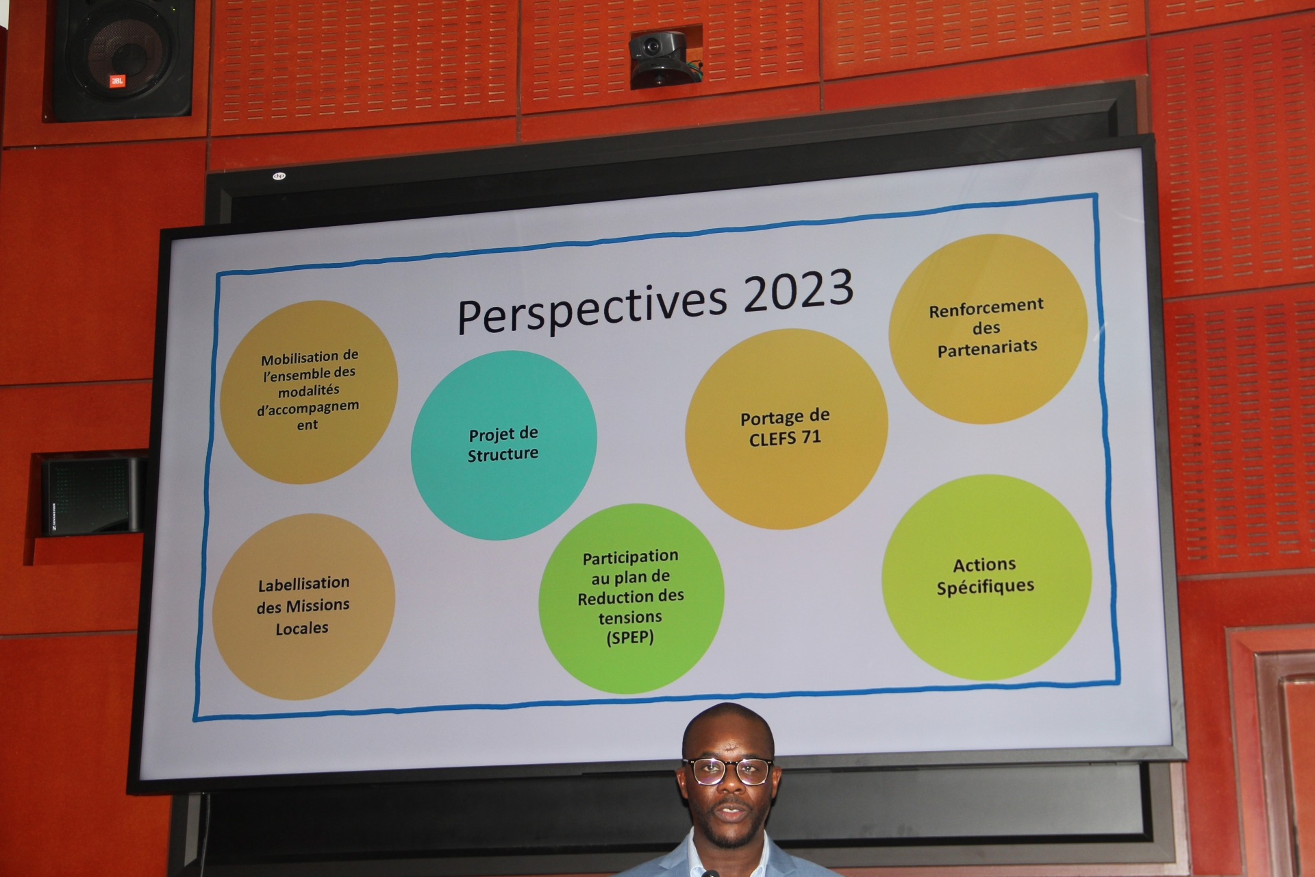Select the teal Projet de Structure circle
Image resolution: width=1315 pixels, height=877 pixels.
point(503,445)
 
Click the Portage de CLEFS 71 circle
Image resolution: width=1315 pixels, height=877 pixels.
point(786,428)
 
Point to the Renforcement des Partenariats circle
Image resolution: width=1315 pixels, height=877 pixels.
point(988,328)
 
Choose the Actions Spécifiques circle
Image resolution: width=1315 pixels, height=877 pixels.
point(986,576)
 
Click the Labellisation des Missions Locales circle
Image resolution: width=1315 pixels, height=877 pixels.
point(303,606)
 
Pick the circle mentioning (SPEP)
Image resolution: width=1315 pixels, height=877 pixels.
point(631,598)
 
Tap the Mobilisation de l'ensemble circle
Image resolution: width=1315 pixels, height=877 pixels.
point(309,391)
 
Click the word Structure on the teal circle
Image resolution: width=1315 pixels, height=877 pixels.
point(503,454)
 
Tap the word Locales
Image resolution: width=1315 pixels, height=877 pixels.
point(302,628)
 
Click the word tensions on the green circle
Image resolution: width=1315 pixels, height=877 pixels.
point(630,617)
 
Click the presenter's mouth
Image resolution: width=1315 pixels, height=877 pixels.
point(732,813)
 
